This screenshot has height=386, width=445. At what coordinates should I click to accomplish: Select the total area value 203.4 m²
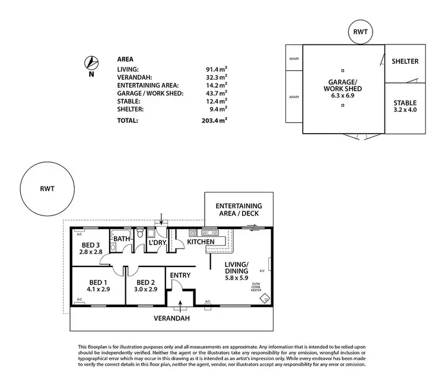point(215,120)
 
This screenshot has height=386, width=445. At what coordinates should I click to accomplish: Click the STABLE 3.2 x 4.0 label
point(405,105)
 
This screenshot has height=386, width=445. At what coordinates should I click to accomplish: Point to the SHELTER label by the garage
point(405,62)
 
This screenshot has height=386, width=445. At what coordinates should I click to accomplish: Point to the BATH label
point(122,239)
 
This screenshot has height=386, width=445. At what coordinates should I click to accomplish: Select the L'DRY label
point(156,243)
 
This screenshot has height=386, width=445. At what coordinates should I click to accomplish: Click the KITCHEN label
point(201,242)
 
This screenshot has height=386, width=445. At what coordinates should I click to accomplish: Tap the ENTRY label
point(180,275)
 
